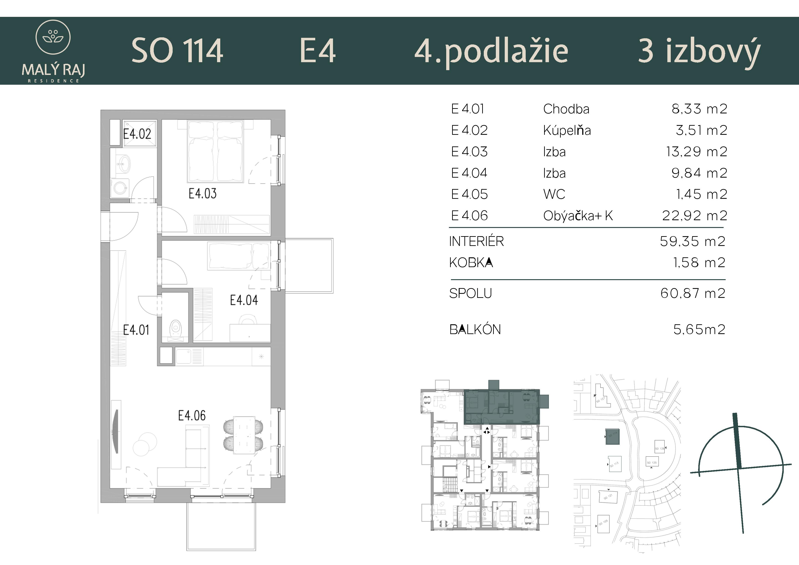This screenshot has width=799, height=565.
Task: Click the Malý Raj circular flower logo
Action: tap(53, 37)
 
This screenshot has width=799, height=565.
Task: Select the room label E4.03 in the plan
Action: tap(202, 193)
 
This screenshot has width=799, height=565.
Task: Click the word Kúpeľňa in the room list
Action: tap(567, 130)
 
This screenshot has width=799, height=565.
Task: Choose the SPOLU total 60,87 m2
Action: tap(692, 293)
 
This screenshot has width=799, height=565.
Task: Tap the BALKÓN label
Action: tap(475, 330)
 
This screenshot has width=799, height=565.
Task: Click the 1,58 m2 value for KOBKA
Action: tap(699, 263)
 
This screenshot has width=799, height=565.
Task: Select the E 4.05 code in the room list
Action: tap(469, 194)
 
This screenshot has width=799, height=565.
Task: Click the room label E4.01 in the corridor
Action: tap(136, 330)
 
